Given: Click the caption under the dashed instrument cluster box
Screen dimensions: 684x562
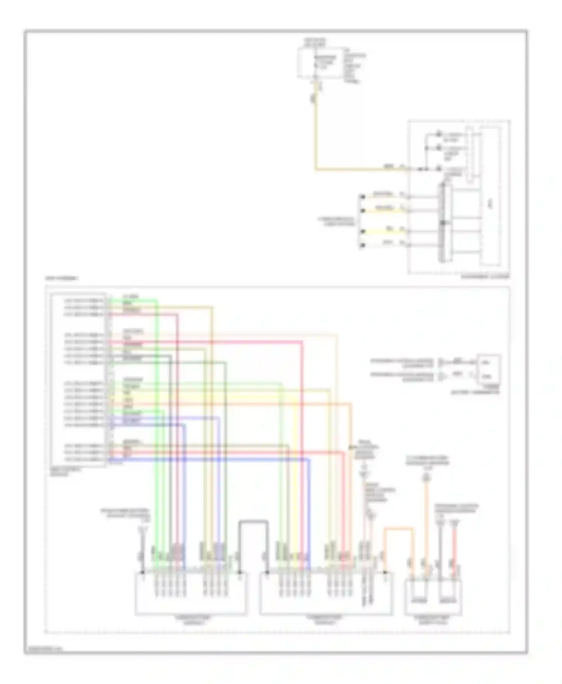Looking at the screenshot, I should [x=485, y=277].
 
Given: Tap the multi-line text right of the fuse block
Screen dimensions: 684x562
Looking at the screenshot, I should [x=354, y=65].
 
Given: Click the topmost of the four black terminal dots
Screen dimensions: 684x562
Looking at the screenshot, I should [x=362, y=196].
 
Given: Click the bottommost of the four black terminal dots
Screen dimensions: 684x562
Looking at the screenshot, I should [x=362, y=245].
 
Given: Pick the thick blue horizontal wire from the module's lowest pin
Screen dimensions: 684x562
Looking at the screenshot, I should [x=210, y=459].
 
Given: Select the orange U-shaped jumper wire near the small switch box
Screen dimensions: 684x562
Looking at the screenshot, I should [x=398, y=529].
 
